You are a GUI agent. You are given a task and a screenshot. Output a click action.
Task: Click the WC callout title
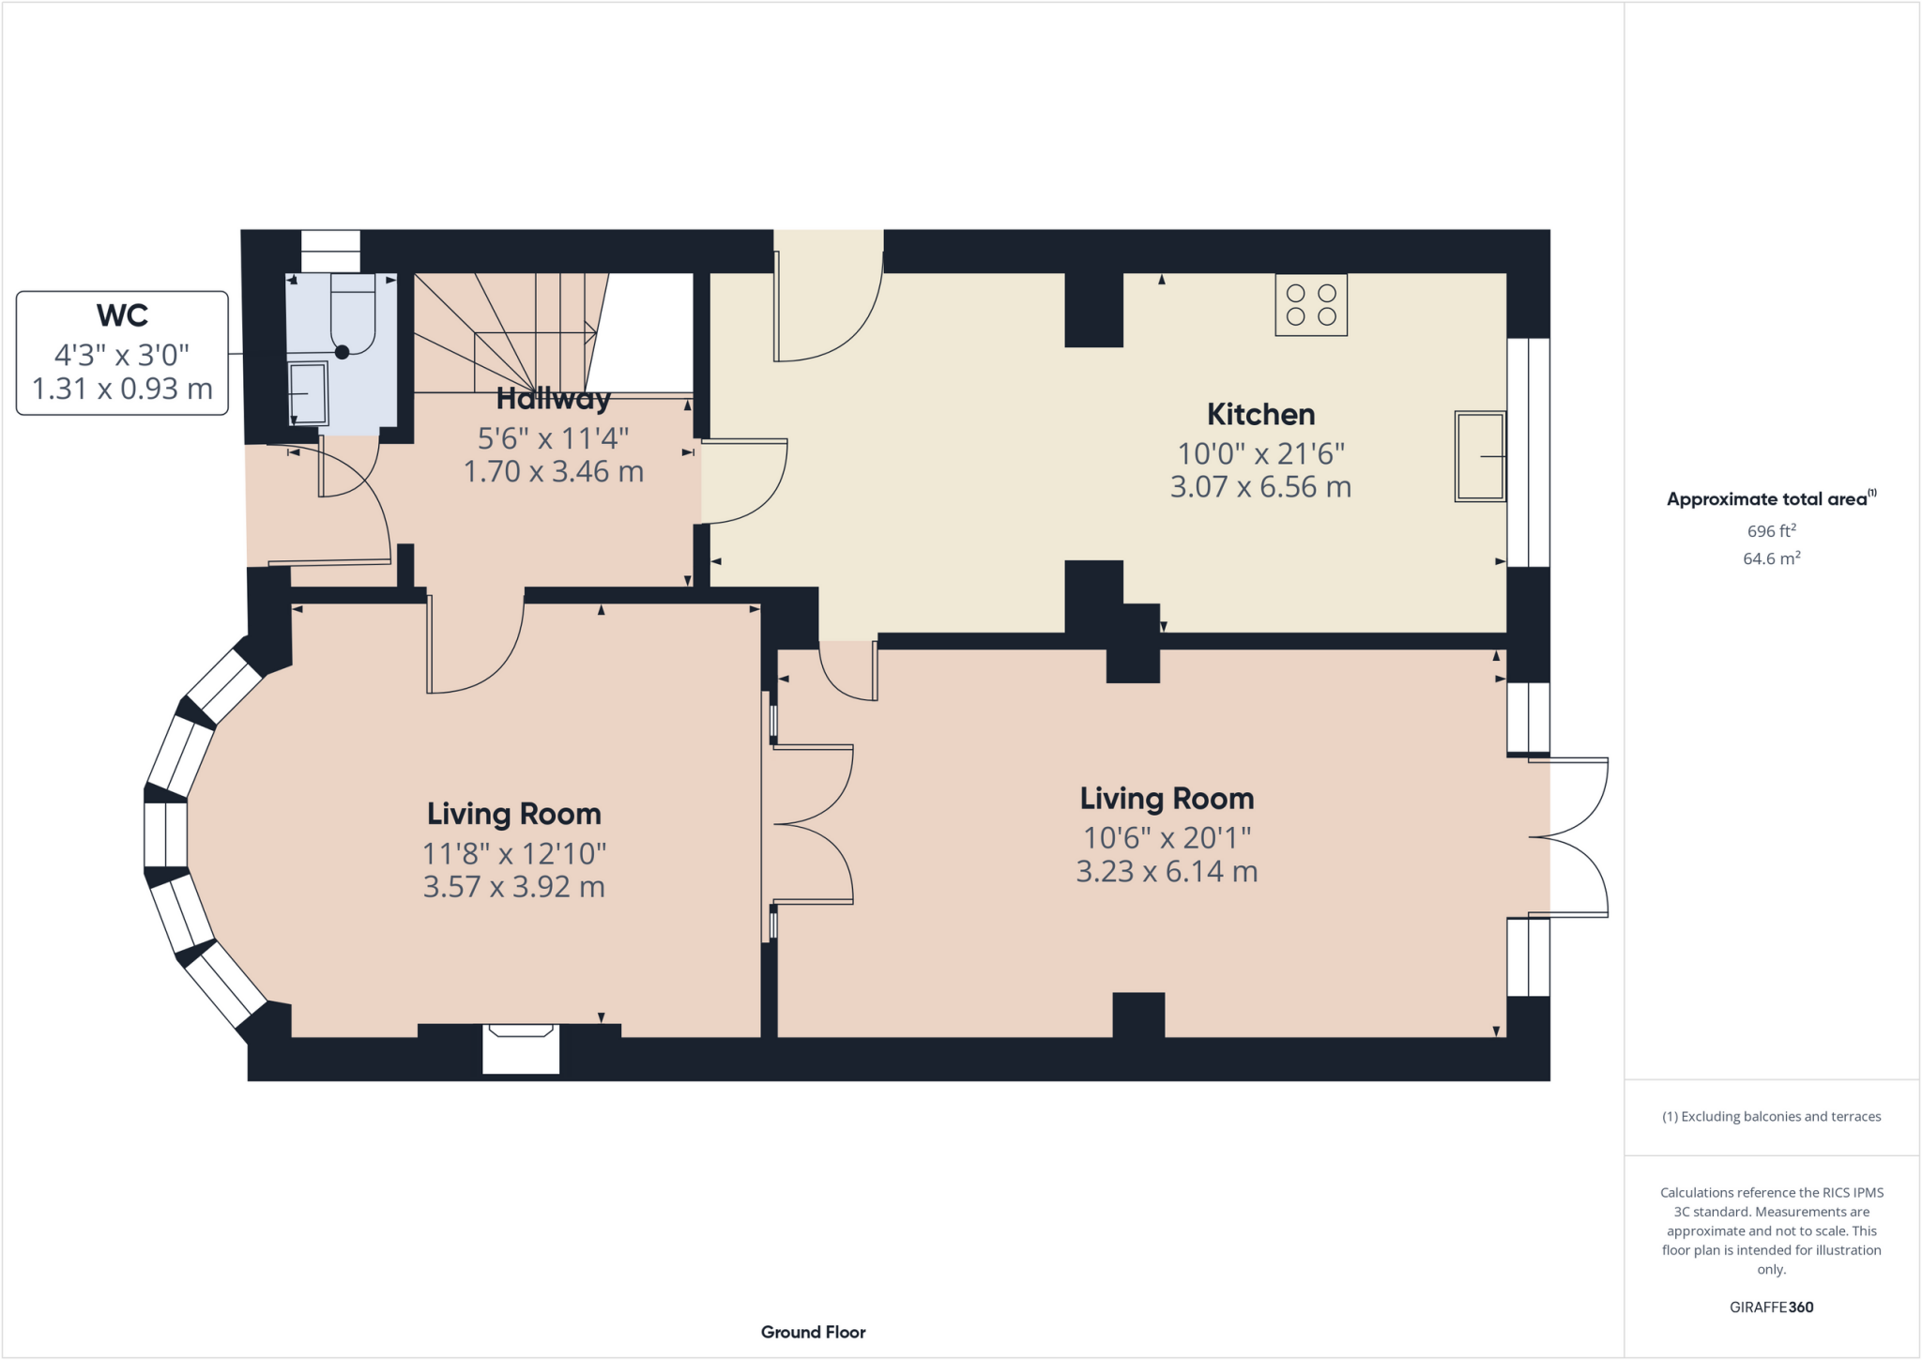[122, 315]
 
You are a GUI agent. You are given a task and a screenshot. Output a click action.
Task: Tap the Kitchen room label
[1260, 414]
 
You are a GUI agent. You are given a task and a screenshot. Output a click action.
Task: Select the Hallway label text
[553, 399]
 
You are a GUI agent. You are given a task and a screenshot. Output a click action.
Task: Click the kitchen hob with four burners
[1311, 305]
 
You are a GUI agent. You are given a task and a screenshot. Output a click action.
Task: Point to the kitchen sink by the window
[1479, 456]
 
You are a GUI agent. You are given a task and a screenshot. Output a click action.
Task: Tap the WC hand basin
[308, 393]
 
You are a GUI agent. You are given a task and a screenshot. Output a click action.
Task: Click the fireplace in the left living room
[521, 1048]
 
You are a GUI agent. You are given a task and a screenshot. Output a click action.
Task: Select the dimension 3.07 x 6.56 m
[1260, 487]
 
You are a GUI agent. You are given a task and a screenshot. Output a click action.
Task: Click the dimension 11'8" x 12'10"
[514, 853]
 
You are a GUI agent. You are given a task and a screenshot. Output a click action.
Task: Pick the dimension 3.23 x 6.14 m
[1167, 871]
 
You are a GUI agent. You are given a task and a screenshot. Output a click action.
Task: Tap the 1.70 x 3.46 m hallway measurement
[553, 471]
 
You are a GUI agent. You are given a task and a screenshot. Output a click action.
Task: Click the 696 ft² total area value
[1771, 530]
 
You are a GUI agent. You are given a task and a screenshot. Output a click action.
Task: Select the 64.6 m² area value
[1771, 558]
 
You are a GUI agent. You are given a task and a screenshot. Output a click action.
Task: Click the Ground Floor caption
[813, 1332]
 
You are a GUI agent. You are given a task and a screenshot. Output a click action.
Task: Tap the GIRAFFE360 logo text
[1771, 1307]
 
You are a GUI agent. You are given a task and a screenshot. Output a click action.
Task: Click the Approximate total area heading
[1770, 498]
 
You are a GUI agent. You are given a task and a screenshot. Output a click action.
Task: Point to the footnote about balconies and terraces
[1771, 1116]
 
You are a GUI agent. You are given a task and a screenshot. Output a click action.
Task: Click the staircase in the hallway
[507, 333]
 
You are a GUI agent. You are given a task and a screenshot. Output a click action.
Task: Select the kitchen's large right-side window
[1528, 452]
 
